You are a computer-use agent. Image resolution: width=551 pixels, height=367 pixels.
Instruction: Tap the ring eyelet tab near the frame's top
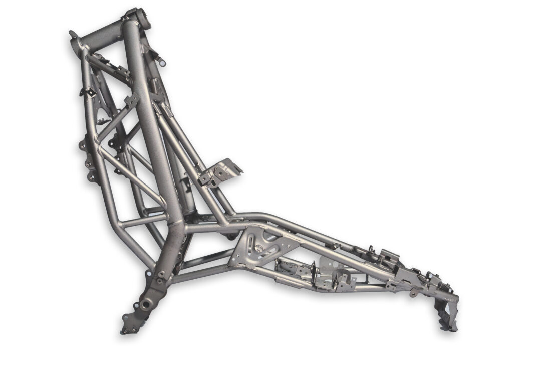point(162,62)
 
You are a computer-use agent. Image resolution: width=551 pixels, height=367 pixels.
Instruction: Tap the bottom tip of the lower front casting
point(125,331)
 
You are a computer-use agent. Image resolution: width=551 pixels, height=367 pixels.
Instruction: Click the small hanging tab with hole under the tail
point(414,293)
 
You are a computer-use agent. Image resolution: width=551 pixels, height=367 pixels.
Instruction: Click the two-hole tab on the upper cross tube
point(132,100)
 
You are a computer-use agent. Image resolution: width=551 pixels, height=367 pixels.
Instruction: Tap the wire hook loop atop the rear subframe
point(371,248)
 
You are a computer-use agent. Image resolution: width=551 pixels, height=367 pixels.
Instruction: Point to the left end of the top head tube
point(75,38)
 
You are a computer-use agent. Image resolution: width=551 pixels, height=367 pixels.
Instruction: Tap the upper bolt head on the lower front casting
point(160,274)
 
